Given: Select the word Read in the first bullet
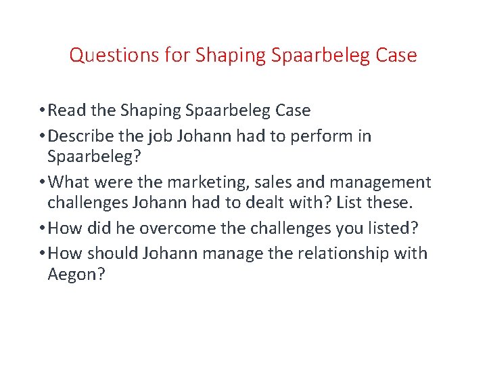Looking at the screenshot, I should (x=68, y=110).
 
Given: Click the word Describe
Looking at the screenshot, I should (x=83, y=136).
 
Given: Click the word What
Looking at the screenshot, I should (x=72, y=182).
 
